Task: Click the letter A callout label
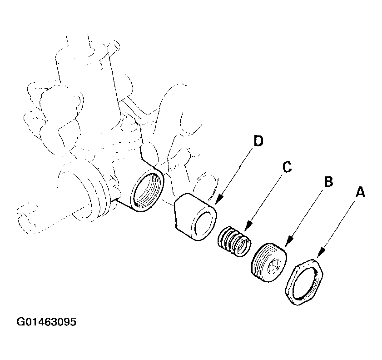pyautogui.click(x=360, y=193)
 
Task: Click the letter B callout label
pyautogui.click(x=328, y=182)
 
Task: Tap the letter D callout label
pyautogui.click(x=258, y=141)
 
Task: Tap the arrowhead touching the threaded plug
pyautogui.click(x=289, y=244)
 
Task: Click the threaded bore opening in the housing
pyautogui.click(x=146, y=191)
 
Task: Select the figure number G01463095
pyautogui.click(x=47, y=322)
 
